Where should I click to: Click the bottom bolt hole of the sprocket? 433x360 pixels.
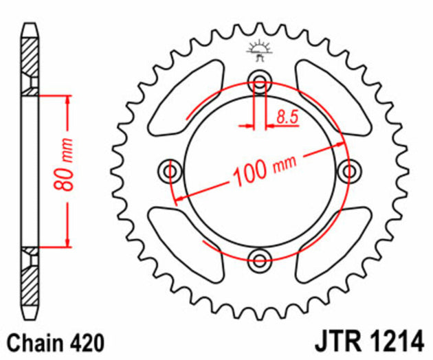(260, 260)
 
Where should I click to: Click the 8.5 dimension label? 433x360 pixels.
(287, 117)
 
